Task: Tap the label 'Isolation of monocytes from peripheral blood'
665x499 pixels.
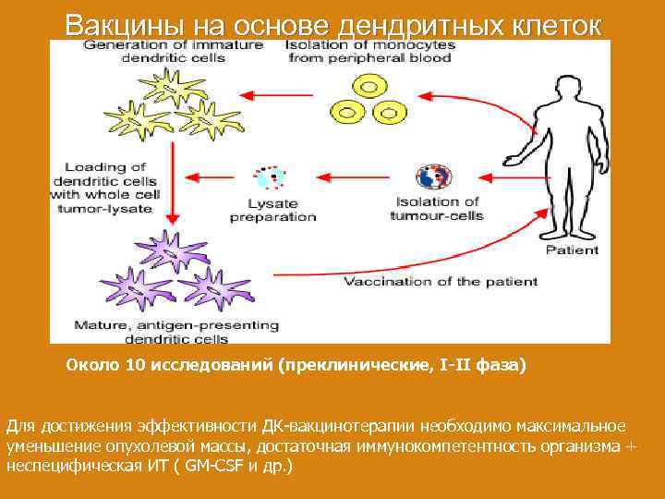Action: coord(368,51)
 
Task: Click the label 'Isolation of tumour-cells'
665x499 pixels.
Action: coord(439,209)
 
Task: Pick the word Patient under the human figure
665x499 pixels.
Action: coord(572,249)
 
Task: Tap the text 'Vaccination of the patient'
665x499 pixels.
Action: coord(440,281)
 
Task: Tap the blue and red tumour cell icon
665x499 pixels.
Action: coord(434,176)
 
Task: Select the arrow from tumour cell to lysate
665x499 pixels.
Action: coord(356,174)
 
